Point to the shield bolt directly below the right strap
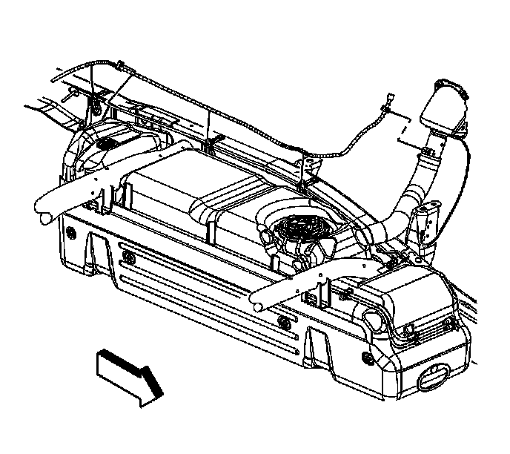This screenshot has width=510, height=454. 282,321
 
